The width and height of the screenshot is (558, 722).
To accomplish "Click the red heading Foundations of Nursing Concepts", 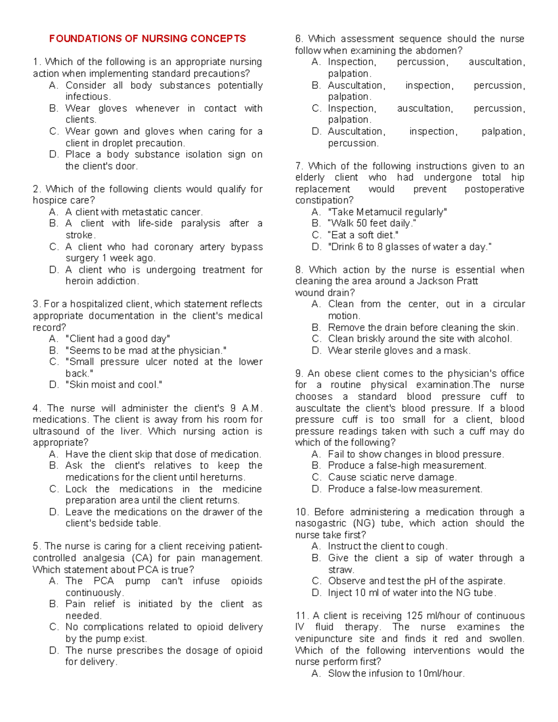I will click(x=147, y=39).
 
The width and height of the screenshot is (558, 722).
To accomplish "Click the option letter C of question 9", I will click(x=316, y=477).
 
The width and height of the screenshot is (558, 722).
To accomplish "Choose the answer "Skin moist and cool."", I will click(x=114, y=385).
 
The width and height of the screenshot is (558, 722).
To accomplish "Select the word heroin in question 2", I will click(x=81, y=281).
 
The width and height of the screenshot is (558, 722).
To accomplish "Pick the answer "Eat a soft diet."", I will click(x=363, y=235).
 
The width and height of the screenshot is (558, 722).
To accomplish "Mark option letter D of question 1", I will click(x=53, y=154).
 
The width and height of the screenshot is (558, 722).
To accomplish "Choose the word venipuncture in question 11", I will click(x=324, y=639).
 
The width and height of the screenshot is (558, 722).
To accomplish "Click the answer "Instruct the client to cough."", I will click(x=387, y=546).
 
